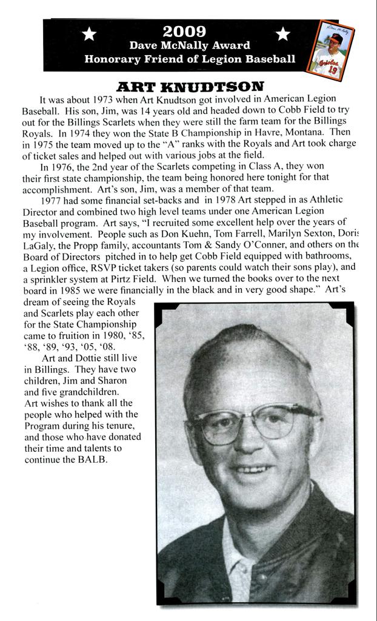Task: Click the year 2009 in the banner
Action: tap(184, 31)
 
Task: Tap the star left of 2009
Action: tap(89, 35)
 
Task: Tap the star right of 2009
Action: tap(282, 35)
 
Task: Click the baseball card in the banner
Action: tap(332, 50)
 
